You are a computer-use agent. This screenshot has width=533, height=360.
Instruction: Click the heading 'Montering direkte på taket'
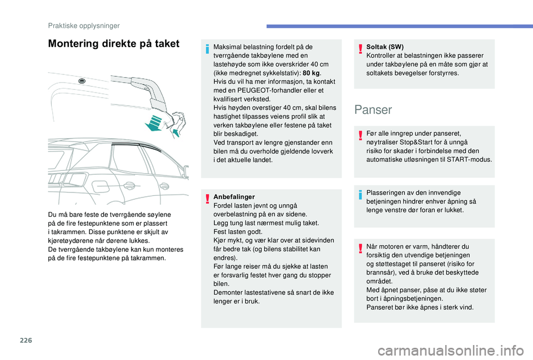[x=114, y=44]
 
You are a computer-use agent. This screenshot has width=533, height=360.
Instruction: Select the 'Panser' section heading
[x=373, y=109]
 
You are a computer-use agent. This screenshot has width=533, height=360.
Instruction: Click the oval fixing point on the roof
[x=82, y=81]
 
